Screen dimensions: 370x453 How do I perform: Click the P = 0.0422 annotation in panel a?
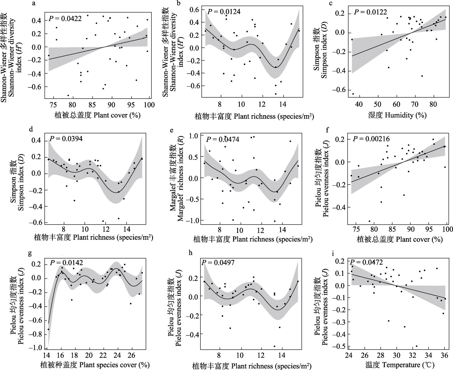65,19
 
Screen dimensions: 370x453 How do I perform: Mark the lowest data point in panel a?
68,95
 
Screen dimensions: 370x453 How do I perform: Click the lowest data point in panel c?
353,94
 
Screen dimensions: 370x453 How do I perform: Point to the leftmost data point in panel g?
48,329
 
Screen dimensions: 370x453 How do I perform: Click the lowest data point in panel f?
369,221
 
